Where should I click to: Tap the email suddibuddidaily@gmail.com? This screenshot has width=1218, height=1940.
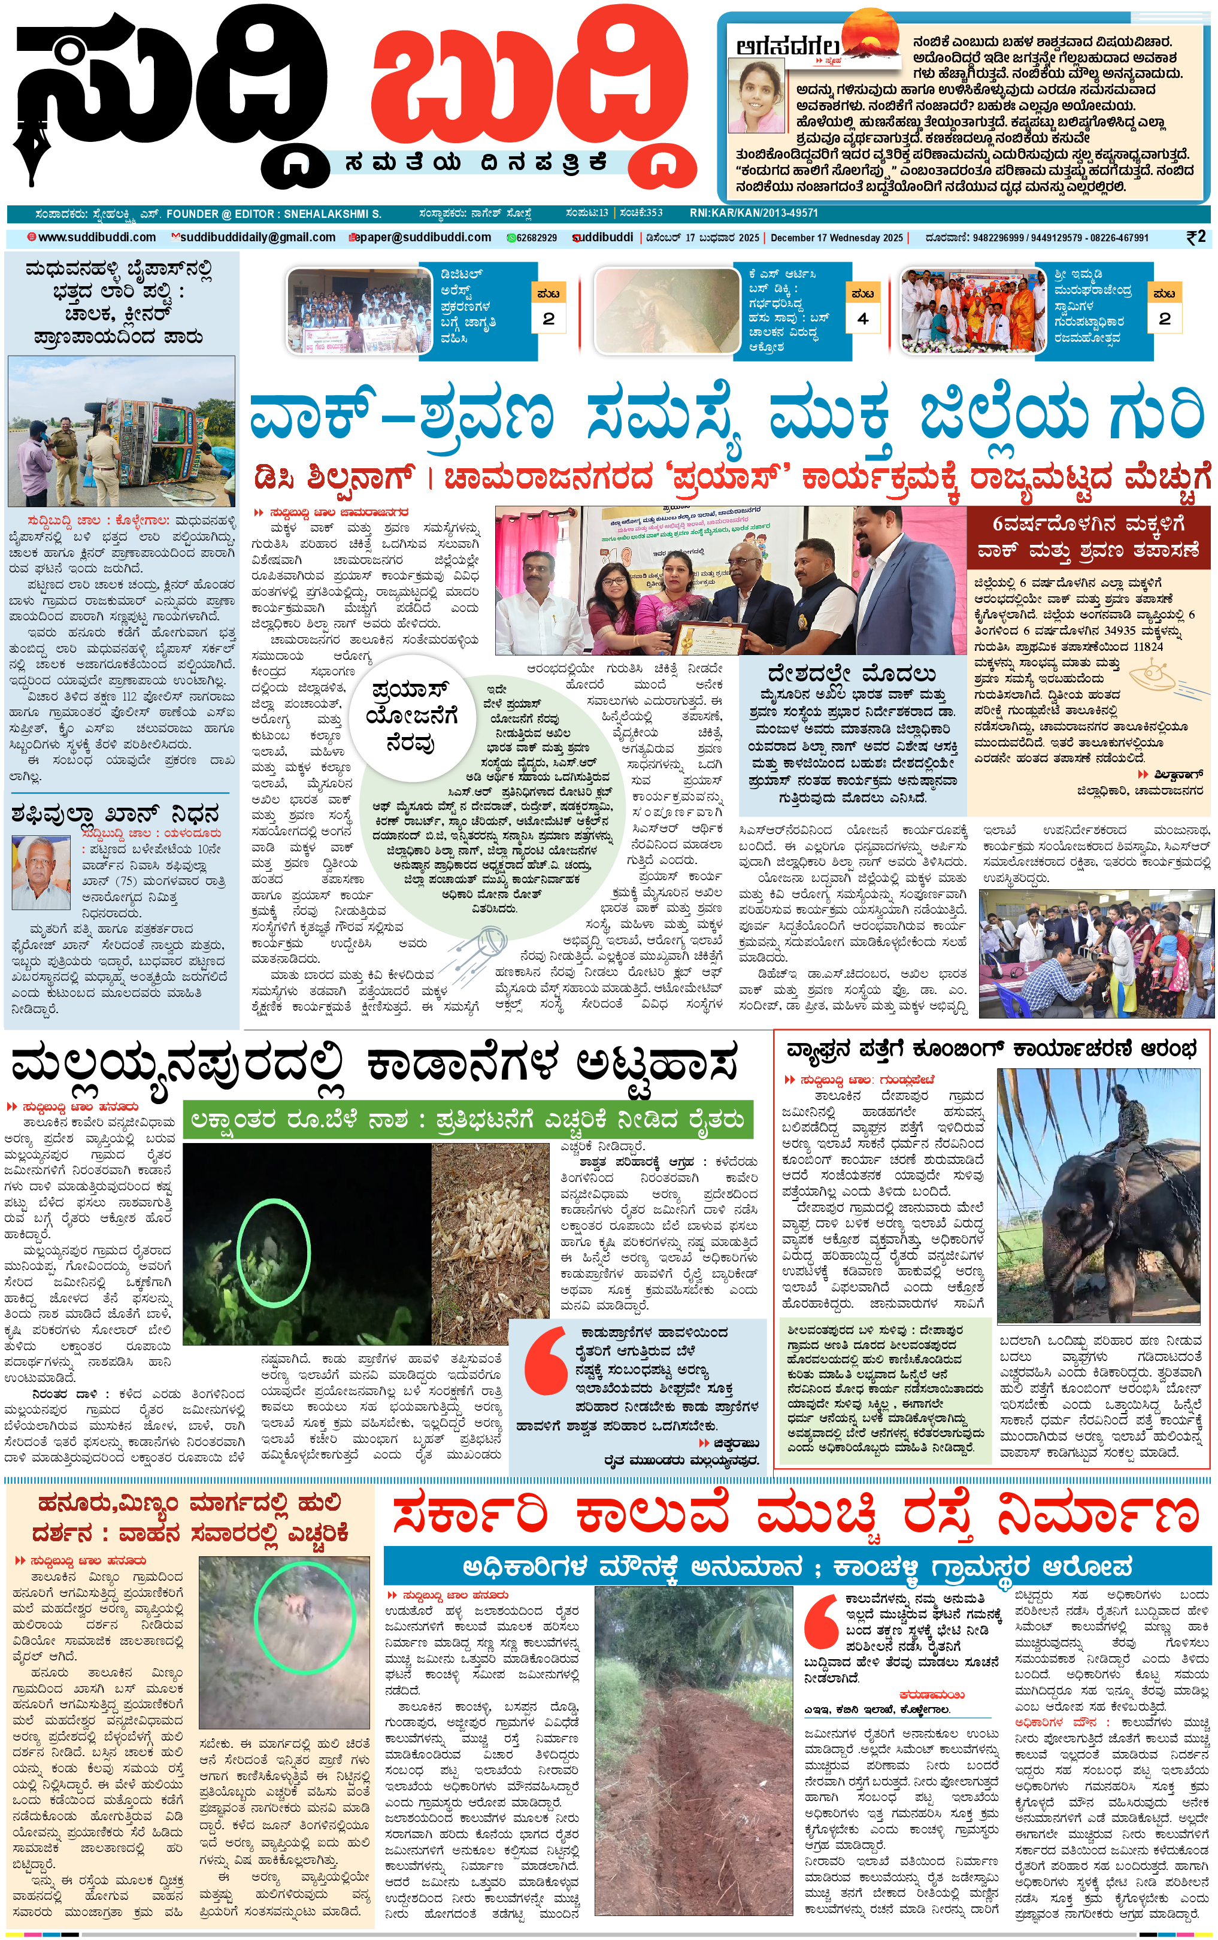[257, 238]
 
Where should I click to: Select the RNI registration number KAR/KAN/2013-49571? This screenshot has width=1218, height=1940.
[753, 213]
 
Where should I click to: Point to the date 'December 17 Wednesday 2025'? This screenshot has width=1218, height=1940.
[836, 238]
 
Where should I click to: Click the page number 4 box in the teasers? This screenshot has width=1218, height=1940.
[863, 318]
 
